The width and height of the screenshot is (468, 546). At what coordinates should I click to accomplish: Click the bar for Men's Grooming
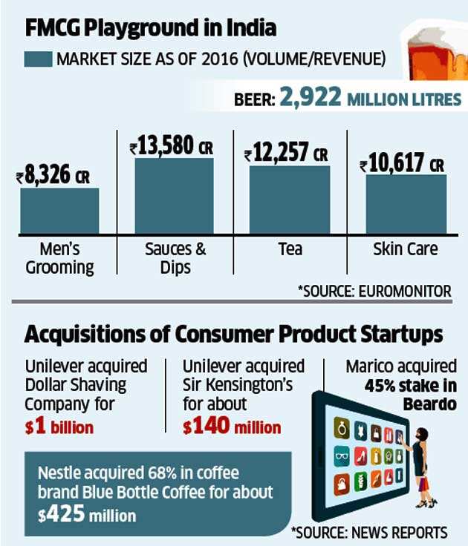[x=59, y=211]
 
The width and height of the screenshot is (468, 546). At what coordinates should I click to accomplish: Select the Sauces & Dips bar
[x=174, y=197]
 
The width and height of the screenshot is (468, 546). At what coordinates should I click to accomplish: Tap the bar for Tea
[x=289, y=200]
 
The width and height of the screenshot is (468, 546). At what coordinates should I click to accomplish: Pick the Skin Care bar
[x=406, y=205]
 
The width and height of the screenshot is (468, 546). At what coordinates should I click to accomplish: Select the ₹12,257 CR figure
[x=286, y=154]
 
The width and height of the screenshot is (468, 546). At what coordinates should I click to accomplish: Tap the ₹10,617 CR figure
[x=402, y=164]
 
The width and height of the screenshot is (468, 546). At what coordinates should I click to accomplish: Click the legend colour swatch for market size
[x=38, y=59]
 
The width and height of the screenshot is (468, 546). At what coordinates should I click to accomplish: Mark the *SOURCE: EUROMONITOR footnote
[x=374, y=291]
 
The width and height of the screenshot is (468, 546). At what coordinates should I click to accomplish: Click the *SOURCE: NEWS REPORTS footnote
[x=369, y=532]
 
